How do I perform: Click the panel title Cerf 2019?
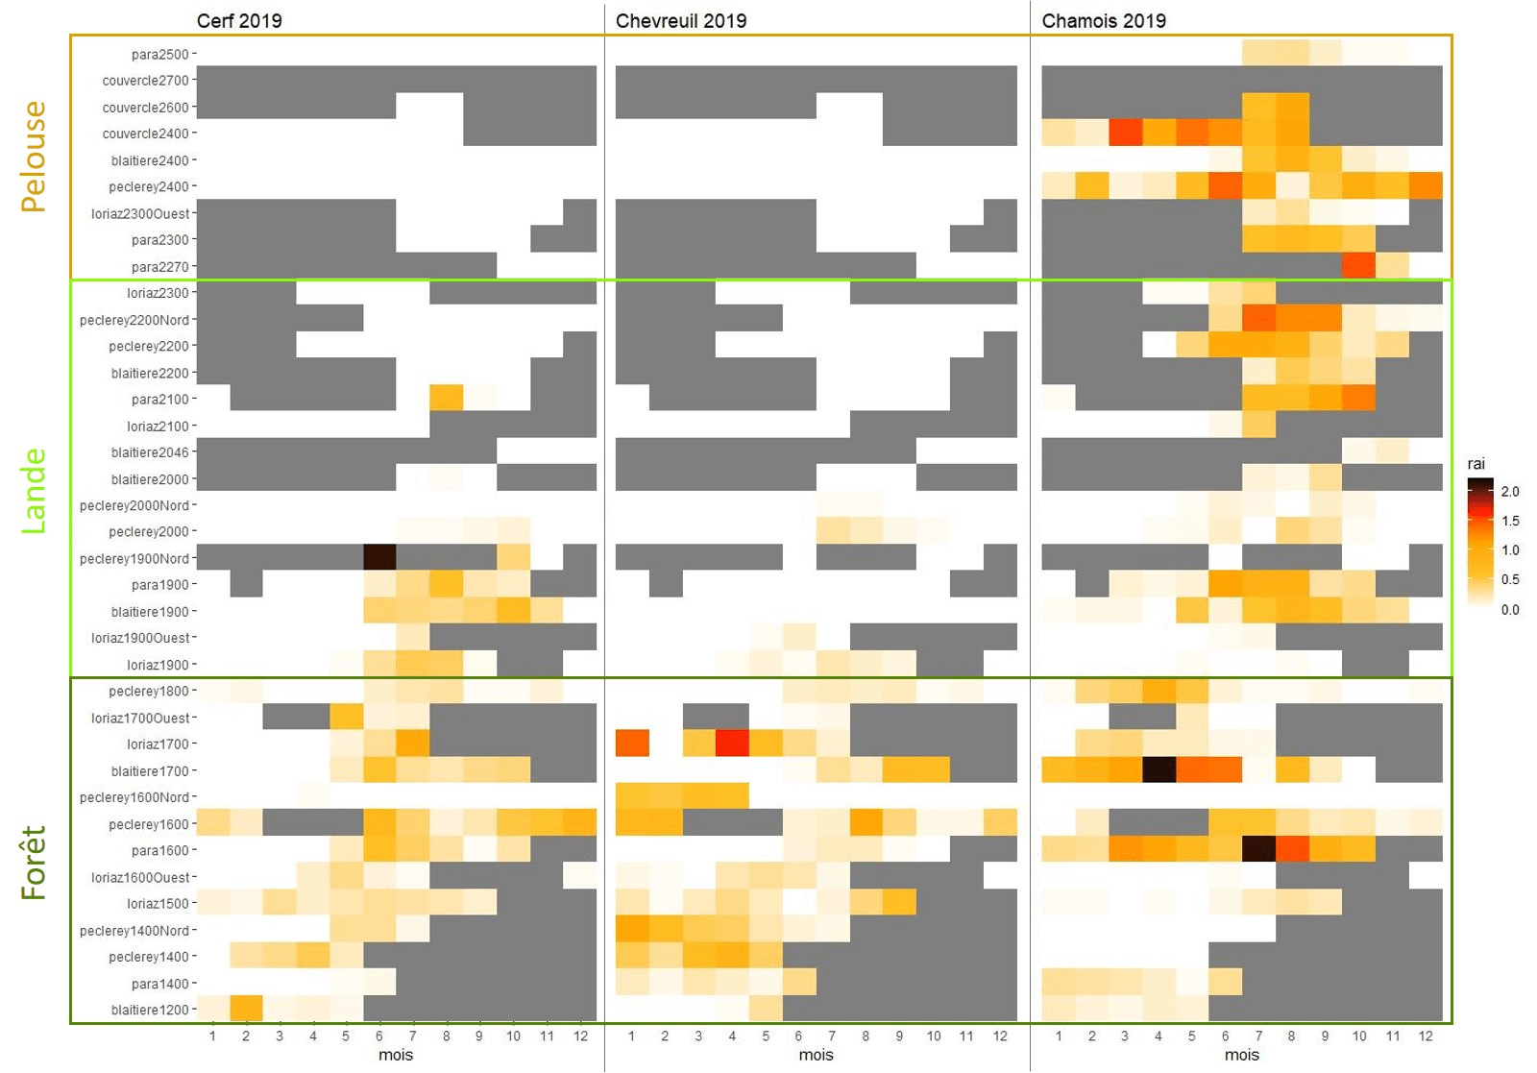coord(239,21)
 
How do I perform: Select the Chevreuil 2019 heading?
coord(680,21)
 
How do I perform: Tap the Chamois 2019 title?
coord(1104,21)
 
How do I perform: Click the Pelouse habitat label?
coord(34,157)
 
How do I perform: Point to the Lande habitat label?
coord(34,491)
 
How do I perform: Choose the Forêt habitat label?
coord(34,863)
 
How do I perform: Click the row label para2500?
coord(160,55)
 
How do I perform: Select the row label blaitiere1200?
coord(150,1010)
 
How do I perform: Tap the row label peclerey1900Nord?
coord(134,558)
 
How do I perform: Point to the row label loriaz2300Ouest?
coord(140,213)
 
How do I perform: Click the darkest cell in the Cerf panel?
coord(379,557)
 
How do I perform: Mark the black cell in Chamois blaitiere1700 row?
coord(1159,770)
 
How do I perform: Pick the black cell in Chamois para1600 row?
coord(1258,849)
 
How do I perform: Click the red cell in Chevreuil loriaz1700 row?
coord(732,743)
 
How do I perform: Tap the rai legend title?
coord(1476,464)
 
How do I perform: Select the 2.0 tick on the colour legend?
coord(1510,492)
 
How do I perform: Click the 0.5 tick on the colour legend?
coord(1510,579)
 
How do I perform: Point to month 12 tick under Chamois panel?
coord(1426,1036)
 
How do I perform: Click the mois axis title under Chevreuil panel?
coord(816,1055)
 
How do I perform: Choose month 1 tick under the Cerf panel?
coord(212,1036)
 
